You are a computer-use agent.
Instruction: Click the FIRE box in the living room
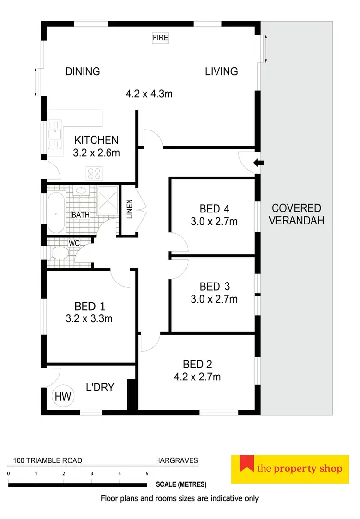click(160, 37)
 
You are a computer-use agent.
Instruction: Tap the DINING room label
click(83, 71)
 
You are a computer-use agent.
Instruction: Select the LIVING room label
click(221, 71)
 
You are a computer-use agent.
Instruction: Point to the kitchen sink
click(54, 135)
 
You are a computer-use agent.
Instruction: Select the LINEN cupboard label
click(129, 209)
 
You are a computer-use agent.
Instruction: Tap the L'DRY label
click(100, 387)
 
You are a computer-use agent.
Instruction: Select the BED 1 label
click(89, 306)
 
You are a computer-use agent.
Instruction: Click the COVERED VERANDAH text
click(296, 214)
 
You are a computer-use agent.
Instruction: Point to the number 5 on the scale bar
click(147, 474)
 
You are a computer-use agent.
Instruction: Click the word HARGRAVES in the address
click(176, 460)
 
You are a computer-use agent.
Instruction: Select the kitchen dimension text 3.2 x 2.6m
click(96, 153)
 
